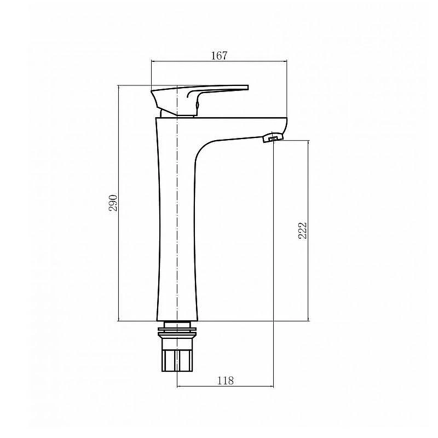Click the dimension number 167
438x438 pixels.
(x=219, y=56)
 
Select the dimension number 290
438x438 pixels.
(x=113, y=203)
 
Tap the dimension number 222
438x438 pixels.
(x=303, y=230)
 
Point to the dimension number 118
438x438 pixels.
(x=225, y=381)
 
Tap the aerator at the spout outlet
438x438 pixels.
(x=273, y=137)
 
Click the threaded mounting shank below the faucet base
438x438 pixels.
(x=177, y=355)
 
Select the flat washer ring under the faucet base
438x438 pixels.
(x=177, y=333)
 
